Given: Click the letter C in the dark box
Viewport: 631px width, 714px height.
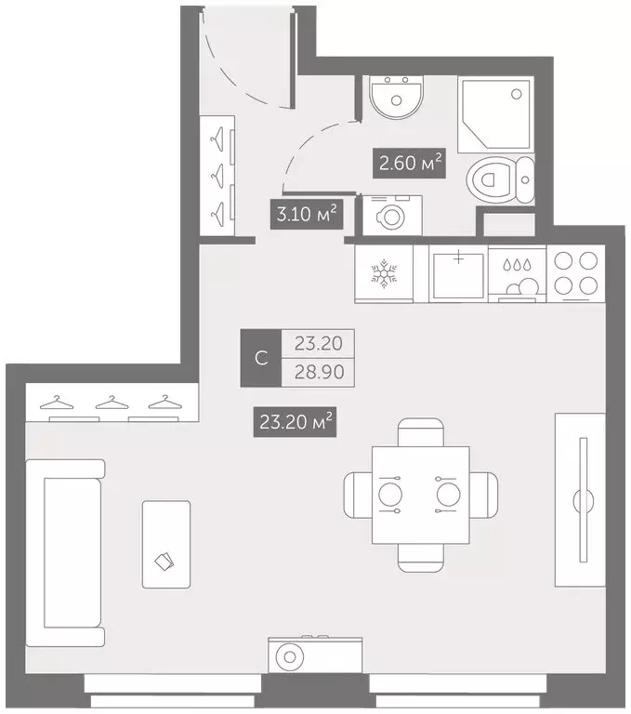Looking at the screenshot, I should (x=261, y=359).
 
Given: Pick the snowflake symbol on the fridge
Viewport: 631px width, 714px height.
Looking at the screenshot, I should (x=383, y=272).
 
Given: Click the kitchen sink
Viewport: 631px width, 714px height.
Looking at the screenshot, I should (x=458, y=272).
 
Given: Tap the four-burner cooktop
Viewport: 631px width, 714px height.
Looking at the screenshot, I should (x=575, y=272).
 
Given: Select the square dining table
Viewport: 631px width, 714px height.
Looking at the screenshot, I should (x=420, y=495).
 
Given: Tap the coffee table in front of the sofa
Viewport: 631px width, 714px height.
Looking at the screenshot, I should (x=166, y=544).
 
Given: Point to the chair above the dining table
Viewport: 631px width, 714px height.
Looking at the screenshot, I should (x=420, y=432).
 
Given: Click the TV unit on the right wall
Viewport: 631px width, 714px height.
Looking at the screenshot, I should (x=580, y=499).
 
